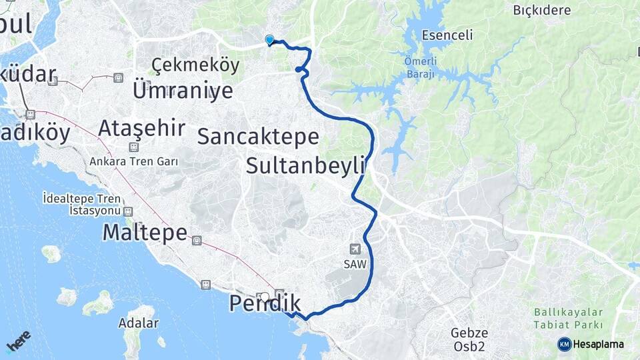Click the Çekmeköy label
[195, 65]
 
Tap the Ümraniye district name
[183, 90]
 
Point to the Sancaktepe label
[258, 137]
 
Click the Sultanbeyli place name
[307, 165]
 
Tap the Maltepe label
[145, 233]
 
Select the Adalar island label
[139, 323]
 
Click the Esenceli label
[447, 35]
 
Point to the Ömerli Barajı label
[419, 68]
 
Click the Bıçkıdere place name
[542, 10]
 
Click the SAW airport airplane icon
[355, 249]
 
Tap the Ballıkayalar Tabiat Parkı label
[569, 318]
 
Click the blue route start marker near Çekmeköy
[269, 40]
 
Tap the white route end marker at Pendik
[265, 297]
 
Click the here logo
[18, 341]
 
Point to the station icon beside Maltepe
[196, 240]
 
